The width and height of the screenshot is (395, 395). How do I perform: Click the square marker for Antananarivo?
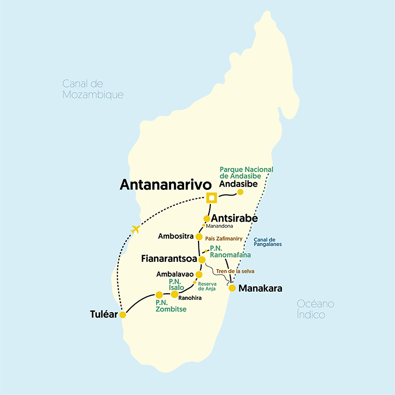(210, 197)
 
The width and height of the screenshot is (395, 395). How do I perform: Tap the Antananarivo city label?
(166, 185)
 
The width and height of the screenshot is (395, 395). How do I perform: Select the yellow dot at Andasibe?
(240, 192)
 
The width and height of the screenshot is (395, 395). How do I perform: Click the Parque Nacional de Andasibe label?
(246, 173)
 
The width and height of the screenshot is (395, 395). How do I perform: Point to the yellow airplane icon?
(135, 229)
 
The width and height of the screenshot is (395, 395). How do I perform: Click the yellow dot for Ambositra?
(199, 237)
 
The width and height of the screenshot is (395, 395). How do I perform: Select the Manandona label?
(220, 226)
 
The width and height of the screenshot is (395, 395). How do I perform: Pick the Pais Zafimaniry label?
(224, 239)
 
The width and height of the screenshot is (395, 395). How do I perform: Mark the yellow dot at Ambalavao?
(199, 275)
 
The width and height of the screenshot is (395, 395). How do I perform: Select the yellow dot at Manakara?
(232, 288)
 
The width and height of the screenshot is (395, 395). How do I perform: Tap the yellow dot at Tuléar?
(122, 315)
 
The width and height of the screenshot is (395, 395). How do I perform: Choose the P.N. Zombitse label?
(170, 306)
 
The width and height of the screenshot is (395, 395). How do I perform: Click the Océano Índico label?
(315, 309)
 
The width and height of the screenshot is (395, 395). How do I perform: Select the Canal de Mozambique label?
(93, 89)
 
